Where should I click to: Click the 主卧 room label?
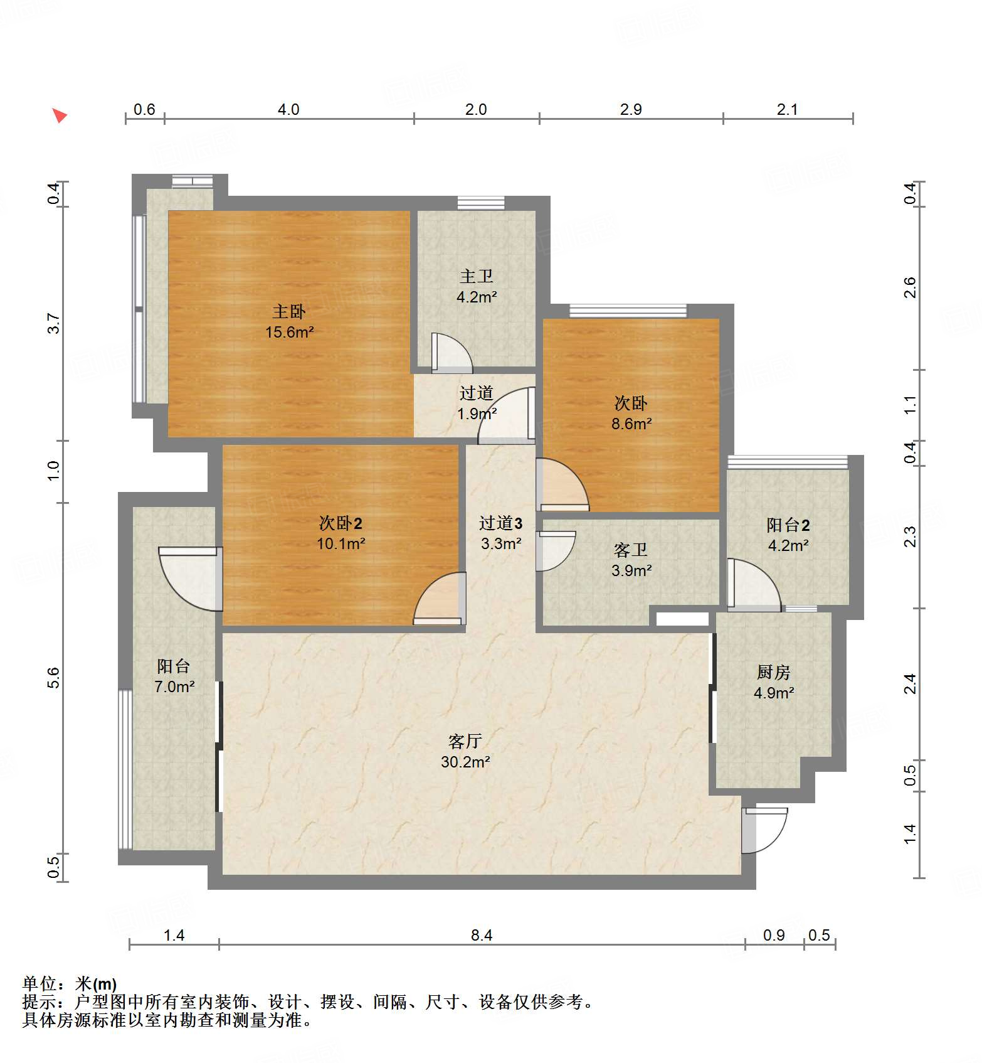click(288, 311)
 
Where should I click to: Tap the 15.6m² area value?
click(288, 332)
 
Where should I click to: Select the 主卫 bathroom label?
click(476, 276)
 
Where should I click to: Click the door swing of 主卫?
click(450, 353)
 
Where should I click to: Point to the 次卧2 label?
click(341, 523)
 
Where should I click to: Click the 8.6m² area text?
click(631, 424)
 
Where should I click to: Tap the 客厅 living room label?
click(465, 741)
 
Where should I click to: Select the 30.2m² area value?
click(465, 762)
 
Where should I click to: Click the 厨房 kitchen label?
click(773, 672)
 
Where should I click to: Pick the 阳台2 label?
click(788, 525)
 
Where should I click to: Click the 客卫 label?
click(631, 550)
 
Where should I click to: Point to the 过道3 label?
click(500, 523)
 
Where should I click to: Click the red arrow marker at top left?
click(59, 115)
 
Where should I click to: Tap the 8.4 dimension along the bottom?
click(482, 935)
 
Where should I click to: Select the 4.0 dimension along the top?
click(288, 109)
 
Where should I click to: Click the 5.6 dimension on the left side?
click(54, 678)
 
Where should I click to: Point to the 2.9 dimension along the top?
click(631, 109)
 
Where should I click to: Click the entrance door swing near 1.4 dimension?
click(764, 830)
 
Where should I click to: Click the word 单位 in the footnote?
click(40, 984)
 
